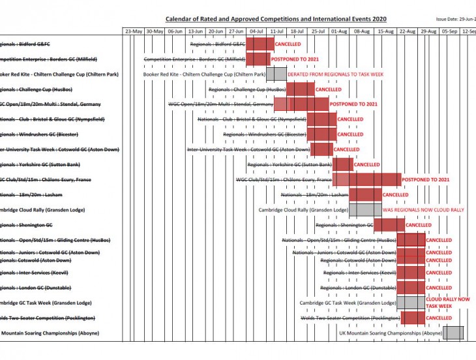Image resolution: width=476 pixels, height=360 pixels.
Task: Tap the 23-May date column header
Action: [134, 31]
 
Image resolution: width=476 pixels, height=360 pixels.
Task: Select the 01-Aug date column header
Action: [339, 31]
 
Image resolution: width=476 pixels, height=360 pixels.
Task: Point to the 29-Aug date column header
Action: [428, 31]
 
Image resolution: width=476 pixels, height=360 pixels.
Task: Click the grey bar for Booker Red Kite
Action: [276, 74]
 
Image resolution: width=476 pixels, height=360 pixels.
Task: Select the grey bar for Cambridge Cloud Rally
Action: [365, 210]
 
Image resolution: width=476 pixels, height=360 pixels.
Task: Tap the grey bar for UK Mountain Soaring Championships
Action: [453, 333]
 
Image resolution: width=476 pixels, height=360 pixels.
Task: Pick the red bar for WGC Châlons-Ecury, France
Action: [366, 179]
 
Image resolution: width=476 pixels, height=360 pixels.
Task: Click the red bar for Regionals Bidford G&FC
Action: [260, 44]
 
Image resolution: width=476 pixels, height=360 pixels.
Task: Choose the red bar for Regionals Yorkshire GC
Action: [343, 164]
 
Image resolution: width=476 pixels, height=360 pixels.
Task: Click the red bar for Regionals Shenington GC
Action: [388, 225]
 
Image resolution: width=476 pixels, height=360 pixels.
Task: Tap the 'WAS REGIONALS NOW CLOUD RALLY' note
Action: [423, 210]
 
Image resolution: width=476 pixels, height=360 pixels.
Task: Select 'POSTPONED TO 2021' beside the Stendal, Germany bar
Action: [353, 104]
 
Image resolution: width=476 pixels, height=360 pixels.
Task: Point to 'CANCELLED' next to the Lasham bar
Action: [395, 195]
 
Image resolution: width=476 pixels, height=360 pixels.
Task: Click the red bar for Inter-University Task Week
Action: [321, 149]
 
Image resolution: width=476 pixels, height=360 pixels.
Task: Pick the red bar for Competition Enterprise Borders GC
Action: [258, 59]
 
